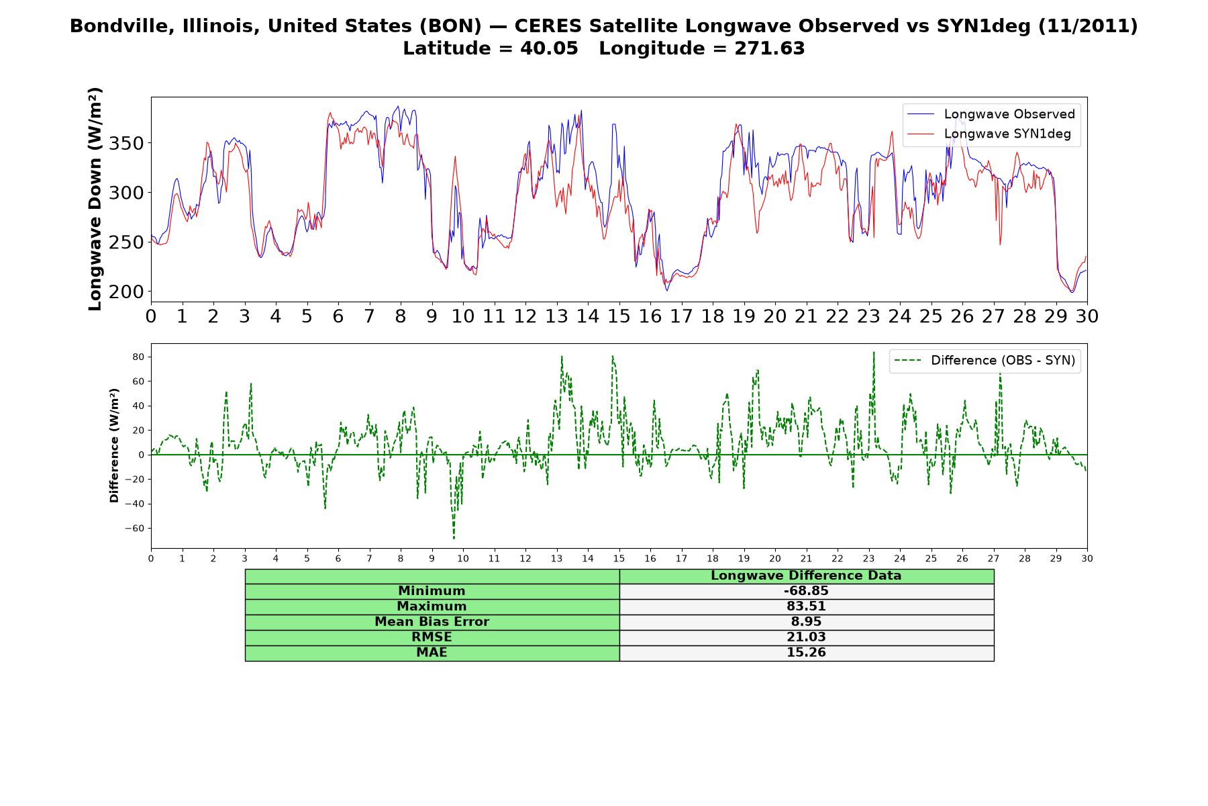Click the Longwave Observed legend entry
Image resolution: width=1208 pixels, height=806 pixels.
991,114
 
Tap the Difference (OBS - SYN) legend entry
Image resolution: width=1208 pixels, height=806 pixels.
985,361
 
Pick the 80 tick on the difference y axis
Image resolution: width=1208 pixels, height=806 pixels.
138,357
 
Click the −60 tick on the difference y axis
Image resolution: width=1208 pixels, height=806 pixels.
134,528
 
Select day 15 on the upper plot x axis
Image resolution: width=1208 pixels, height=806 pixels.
619,316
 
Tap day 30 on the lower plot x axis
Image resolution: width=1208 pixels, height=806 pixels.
1087,558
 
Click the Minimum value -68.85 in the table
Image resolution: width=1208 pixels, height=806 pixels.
806,591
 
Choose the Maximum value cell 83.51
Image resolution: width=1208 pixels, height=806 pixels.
806,607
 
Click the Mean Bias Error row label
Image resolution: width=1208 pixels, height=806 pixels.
432,622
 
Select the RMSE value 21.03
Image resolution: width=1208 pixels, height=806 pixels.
806,637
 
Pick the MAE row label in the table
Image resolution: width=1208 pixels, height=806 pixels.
432,653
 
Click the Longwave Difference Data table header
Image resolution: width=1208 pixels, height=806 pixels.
806,576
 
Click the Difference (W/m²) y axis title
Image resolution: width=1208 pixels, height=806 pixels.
114,445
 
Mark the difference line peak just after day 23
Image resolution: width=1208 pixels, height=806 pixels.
874,352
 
